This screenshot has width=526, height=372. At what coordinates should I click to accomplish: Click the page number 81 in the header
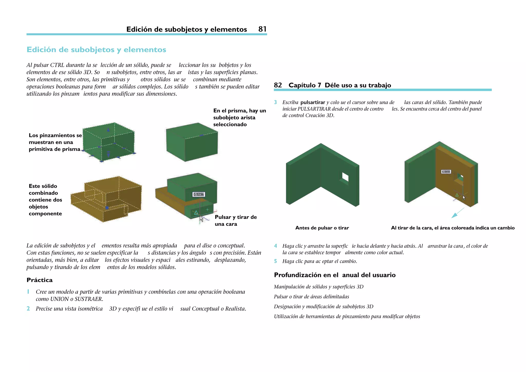click(x=262, y=29)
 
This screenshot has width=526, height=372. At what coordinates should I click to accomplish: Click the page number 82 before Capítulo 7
click(x=278, y=85)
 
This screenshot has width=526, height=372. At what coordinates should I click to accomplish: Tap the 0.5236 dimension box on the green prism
click(x=199, y=194)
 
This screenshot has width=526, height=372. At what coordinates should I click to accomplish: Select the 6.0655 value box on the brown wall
click(x=446, y=172)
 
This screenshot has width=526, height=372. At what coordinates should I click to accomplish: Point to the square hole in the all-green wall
click(x=345, y=177)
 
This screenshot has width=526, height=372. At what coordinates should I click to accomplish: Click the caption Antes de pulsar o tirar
click(x=322, y=228)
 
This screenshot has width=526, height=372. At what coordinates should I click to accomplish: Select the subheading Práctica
click(x=40, y=280)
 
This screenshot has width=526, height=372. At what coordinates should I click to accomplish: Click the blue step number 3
click(x=275, y=102)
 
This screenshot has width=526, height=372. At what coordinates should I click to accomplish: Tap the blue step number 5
click(x=275, y=261)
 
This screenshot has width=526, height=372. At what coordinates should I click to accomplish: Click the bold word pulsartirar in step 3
click(x=313, y=102)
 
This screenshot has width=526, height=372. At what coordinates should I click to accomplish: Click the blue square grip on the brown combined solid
click(x=107, y=208)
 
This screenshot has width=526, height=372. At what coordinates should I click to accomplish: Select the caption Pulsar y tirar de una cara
click(x=236, y=220)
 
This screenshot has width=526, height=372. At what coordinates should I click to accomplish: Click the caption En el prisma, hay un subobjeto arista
click(x=239, y=117)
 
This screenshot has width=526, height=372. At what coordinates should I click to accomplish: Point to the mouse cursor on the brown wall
click(x=464, y=198)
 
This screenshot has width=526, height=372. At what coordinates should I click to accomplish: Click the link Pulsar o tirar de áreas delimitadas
click(x=311, y=297)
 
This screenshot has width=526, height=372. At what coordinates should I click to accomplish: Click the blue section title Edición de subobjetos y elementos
click(x=96, y=50)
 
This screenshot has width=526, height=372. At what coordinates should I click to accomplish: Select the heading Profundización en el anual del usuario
click(x=334, y=275)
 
